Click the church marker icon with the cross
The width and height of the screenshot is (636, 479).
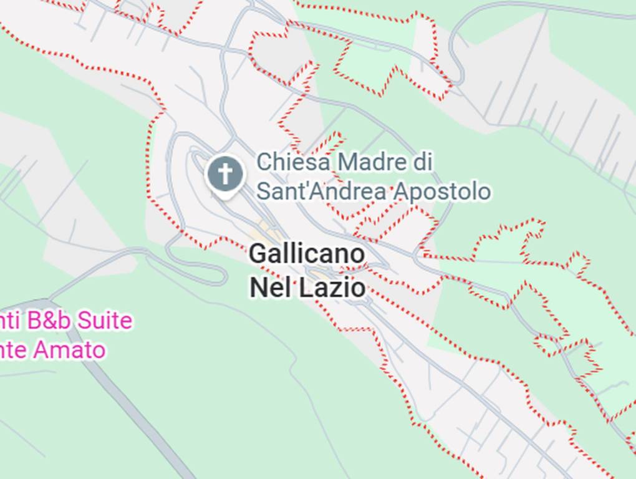pyautogui.click(x=225, y=173)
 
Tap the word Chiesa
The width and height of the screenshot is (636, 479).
pyautogui.click(x=293, y=162)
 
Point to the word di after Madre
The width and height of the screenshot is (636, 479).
pyautogui.click(x=422, y=162)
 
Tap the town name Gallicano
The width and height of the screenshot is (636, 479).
pyautogui.click(x=307, y=254)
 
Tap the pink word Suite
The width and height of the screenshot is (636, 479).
pyautogui.click(x=107, y=321)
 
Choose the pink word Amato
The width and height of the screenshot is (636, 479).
pyautogui.click(x=69, y=350)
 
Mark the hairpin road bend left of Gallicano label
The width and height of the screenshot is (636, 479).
pyautogui.click(x=222, y=275)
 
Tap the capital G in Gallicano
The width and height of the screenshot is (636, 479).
pyautogui.click(x=259, y=254)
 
